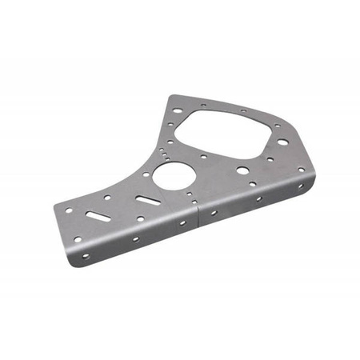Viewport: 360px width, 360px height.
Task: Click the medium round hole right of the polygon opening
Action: point(282,142)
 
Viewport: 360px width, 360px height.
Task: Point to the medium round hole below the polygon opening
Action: point(242,170)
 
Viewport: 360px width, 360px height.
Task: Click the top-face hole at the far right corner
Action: point(301,169)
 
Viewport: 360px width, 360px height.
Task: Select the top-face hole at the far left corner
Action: point(69,210)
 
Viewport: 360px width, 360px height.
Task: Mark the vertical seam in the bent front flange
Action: point(197,217)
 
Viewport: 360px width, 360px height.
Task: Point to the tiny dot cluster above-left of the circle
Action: point(166,149)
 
